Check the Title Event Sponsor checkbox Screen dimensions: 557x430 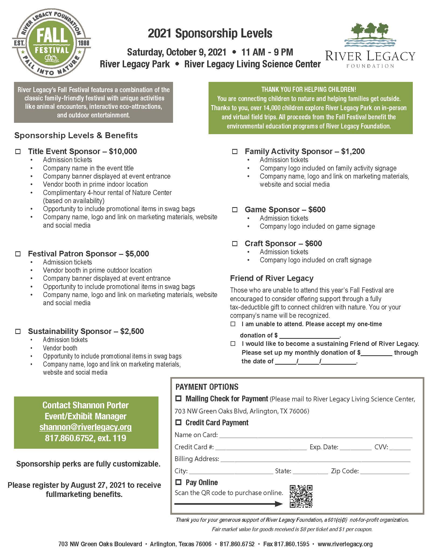point(18,152)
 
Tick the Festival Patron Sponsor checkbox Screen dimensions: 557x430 point(18,254)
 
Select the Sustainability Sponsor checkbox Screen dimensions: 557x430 point(18,331)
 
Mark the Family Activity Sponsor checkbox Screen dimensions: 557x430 point(235,152)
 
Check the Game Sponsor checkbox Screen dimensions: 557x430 point(235,210)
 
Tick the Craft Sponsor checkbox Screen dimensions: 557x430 point(235,243)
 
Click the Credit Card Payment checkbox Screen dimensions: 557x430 point(178,422)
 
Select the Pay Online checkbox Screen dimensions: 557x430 point(178,482)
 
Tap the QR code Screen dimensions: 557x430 point(301,496)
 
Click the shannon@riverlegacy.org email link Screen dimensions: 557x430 point(86,427)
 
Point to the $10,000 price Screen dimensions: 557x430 point(123,151)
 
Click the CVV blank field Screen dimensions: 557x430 point(400,448)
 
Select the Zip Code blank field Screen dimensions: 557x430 point(385,471)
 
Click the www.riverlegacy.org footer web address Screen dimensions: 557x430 point(345,544)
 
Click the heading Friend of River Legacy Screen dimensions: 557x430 point(272,278)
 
